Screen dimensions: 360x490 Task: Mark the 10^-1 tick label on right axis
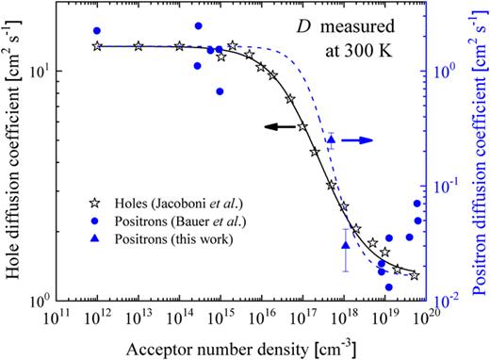[449, 185]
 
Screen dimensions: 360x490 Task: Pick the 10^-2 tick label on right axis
[449, 300]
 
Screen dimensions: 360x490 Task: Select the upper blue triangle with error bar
[331, 141]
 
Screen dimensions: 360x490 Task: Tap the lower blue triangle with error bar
[345, 246]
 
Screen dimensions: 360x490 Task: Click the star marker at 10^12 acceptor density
[97, 45]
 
